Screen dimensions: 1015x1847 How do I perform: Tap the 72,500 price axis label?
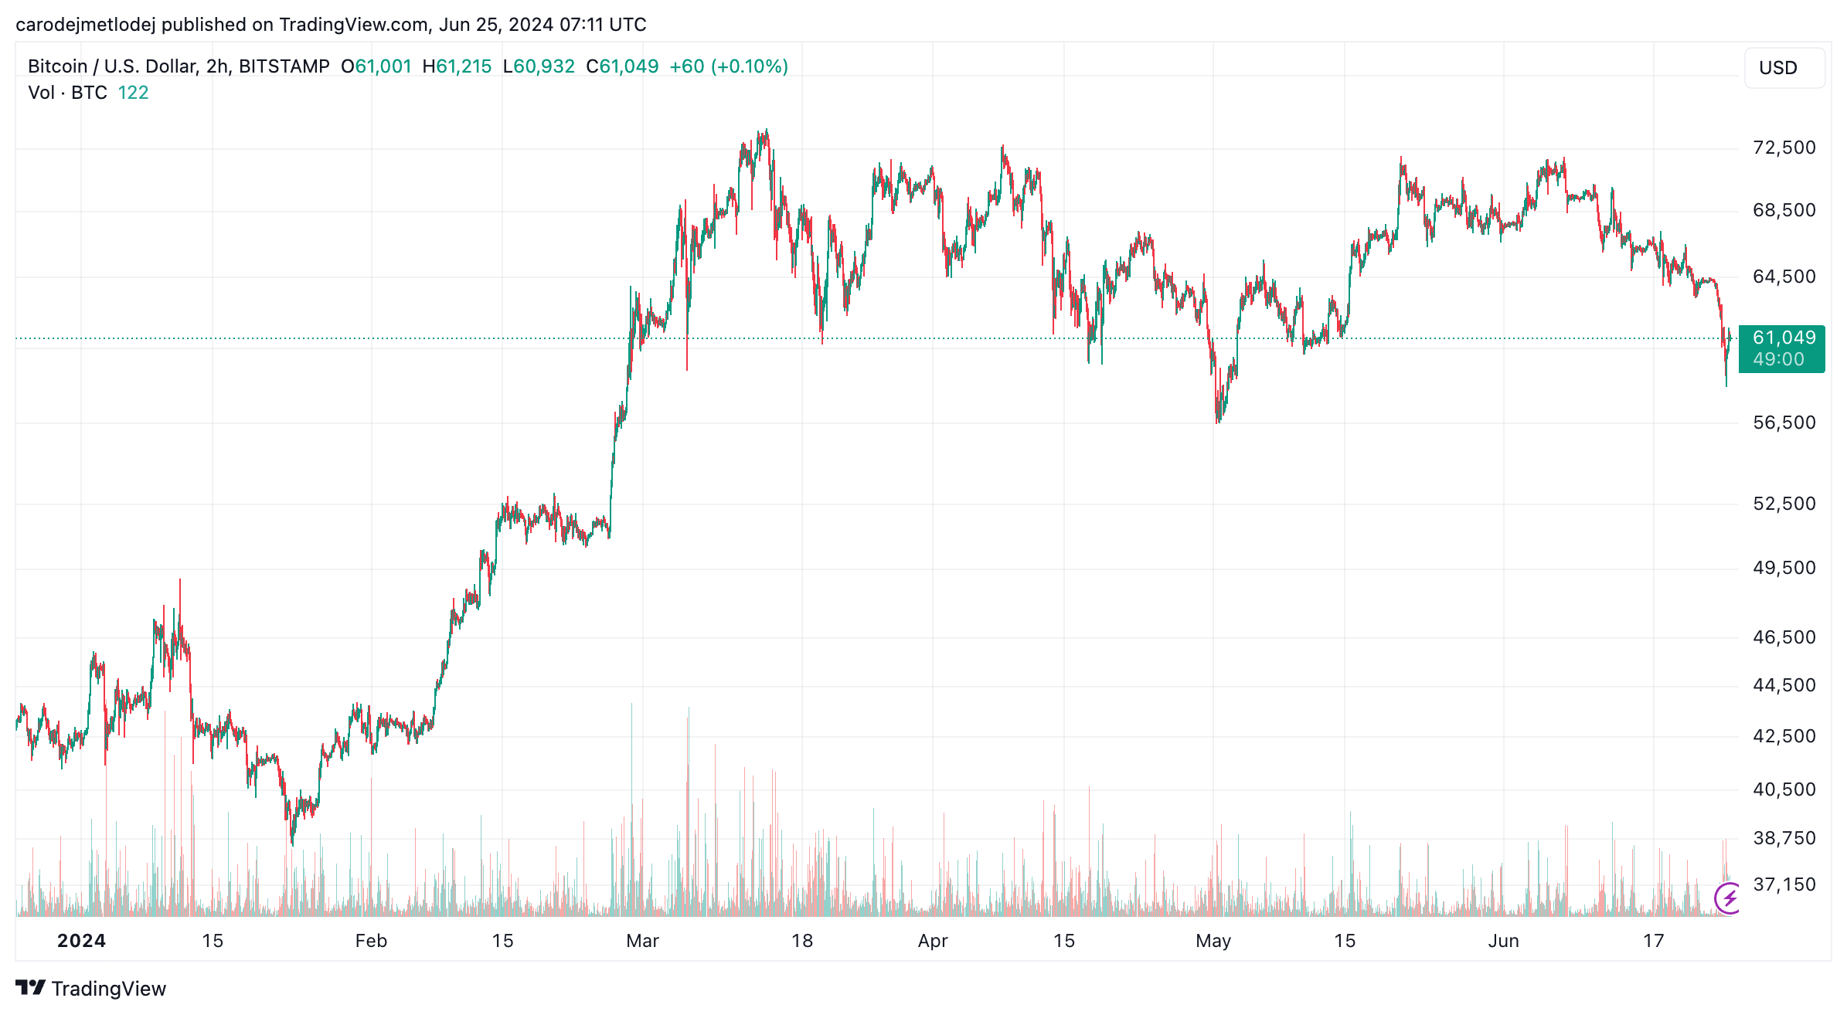pyautogui.click(x=1784, y=148)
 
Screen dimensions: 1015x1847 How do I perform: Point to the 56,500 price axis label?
pyautogui.click(x=1784, y=423)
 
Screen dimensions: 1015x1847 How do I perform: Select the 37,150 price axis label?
pyautogui.click(x=1784, y=884)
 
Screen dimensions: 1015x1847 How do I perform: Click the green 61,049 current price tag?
pyautogui.click(x=1781, y=348)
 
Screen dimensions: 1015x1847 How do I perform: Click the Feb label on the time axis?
pyautogui.click(x=371, y=941)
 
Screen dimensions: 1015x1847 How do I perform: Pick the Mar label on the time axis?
pyautogui.click(x=642, y=941)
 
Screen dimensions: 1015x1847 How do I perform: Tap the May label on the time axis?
pyautogui.click(x=1213, y=941)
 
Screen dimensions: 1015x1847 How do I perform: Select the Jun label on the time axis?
pyautogui.click(x=1503, y=941)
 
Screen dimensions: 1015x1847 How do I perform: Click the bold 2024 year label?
pyautogui.click(x=81, y=941)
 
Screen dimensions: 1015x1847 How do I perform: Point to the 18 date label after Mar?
pyautogui.click(x=802, y=941)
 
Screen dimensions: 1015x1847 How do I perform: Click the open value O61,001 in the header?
pyautogui.click(x=376, y=66)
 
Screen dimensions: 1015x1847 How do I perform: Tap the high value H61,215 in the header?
pyautogui.click(x=457, y=66)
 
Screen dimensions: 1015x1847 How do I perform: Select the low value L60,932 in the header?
pyautogui.click(x=539, y=66)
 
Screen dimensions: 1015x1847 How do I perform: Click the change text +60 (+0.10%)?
pyautogui.click(x=728, y=66)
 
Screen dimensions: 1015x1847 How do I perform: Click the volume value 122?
pyautogui.click(x=133, y=93)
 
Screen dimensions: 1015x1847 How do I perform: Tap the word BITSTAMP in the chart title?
pyautogui.click(x=284, y=66)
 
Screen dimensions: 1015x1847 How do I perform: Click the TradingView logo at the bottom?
pyautogui.click(x=90, y=989)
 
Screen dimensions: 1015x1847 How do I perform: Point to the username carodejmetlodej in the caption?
pyautogui.click(x=85, y=25)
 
